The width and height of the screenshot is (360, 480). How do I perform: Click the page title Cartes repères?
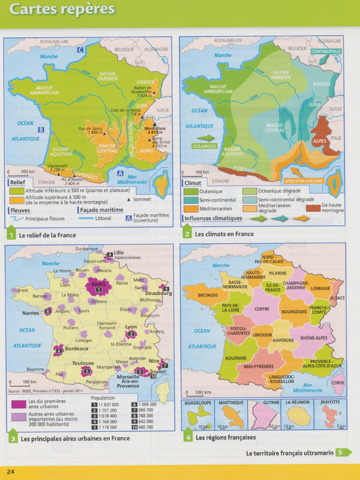[x=62, y=9]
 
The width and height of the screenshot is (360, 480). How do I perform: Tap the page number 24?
[x=10, y=471]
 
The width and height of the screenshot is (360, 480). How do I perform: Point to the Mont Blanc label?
[x=153, y=128]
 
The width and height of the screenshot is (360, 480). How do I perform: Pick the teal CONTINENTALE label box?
[x=326, y=51]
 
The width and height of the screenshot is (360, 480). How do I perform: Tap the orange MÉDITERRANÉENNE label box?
[x=303, y=180]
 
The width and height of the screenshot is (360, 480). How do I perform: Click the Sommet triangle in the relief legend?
[x=128, y=199]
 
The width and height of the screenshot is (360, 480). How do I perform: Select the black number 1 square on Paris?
[x=98, y=290]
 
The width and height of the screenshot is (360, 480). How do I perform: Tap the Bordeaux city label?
[x=76, y=349]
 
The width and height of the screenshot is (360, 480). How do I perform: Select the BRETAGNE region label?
[x=208, y=295]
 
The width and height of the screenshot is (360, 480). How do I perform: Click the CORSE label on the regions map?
[x=337, y=382]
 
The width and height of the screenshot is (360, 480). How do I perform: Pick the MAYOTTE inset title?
[x=330, y=402]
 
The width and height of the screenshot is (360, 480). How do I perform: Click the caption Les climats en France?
[x=224, y=234]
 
